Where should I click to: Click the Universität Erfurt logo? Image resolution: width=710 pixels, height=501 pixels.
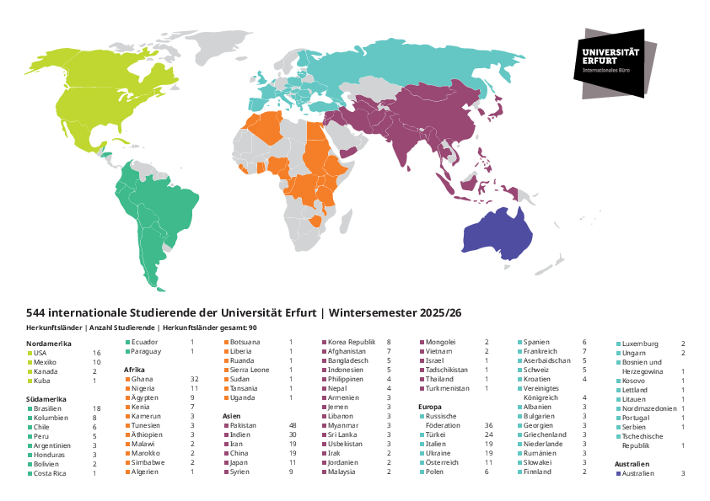[x=608, y=61]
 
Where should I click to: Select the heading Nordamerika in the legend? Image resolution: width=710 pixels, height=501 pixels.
[x=50, y=344]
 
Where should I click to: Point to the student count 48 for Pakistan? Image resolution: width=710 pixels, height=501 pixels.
[x=293, y=426]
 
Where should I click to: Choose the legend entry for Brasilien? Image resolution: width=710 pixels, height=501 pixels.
[x=51, y=408]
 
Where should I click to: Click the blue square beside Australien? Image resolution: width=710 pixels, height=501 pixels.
[x=618, y=473]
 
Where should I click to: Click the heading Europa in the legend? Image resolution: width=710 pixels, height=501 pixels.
[x=430, y=408]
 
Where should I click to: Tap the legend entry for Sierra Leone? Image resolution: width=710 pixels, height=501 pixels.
[x=249, y=370]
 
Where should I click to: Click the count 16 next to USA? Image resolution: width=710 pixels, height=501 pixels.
[x=96, y=353]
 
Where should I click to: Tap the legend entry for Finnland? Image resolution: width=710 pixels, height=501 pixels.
[x=539, y=472]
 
